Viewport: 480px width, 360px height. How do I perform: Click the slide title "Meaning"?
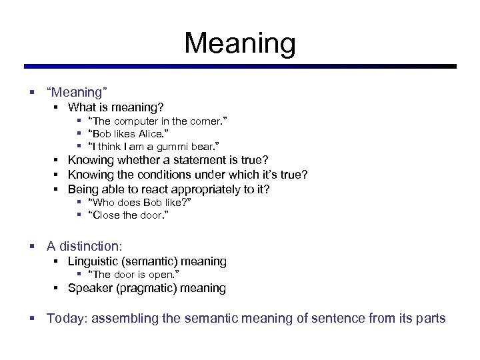240,44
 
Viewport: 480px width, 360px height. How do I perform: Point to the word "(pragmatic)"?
145,288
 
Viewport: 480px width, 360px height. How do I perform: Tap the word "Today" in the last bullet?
65,318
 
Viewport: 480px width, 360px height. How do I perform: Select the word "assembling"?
124,318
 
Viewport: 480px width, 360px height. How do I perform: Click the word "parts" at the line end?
430,318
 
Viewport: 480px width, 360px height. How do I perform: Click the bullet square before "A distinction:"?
32,246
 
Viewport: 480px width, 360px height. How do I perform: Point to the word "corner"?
206,121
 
